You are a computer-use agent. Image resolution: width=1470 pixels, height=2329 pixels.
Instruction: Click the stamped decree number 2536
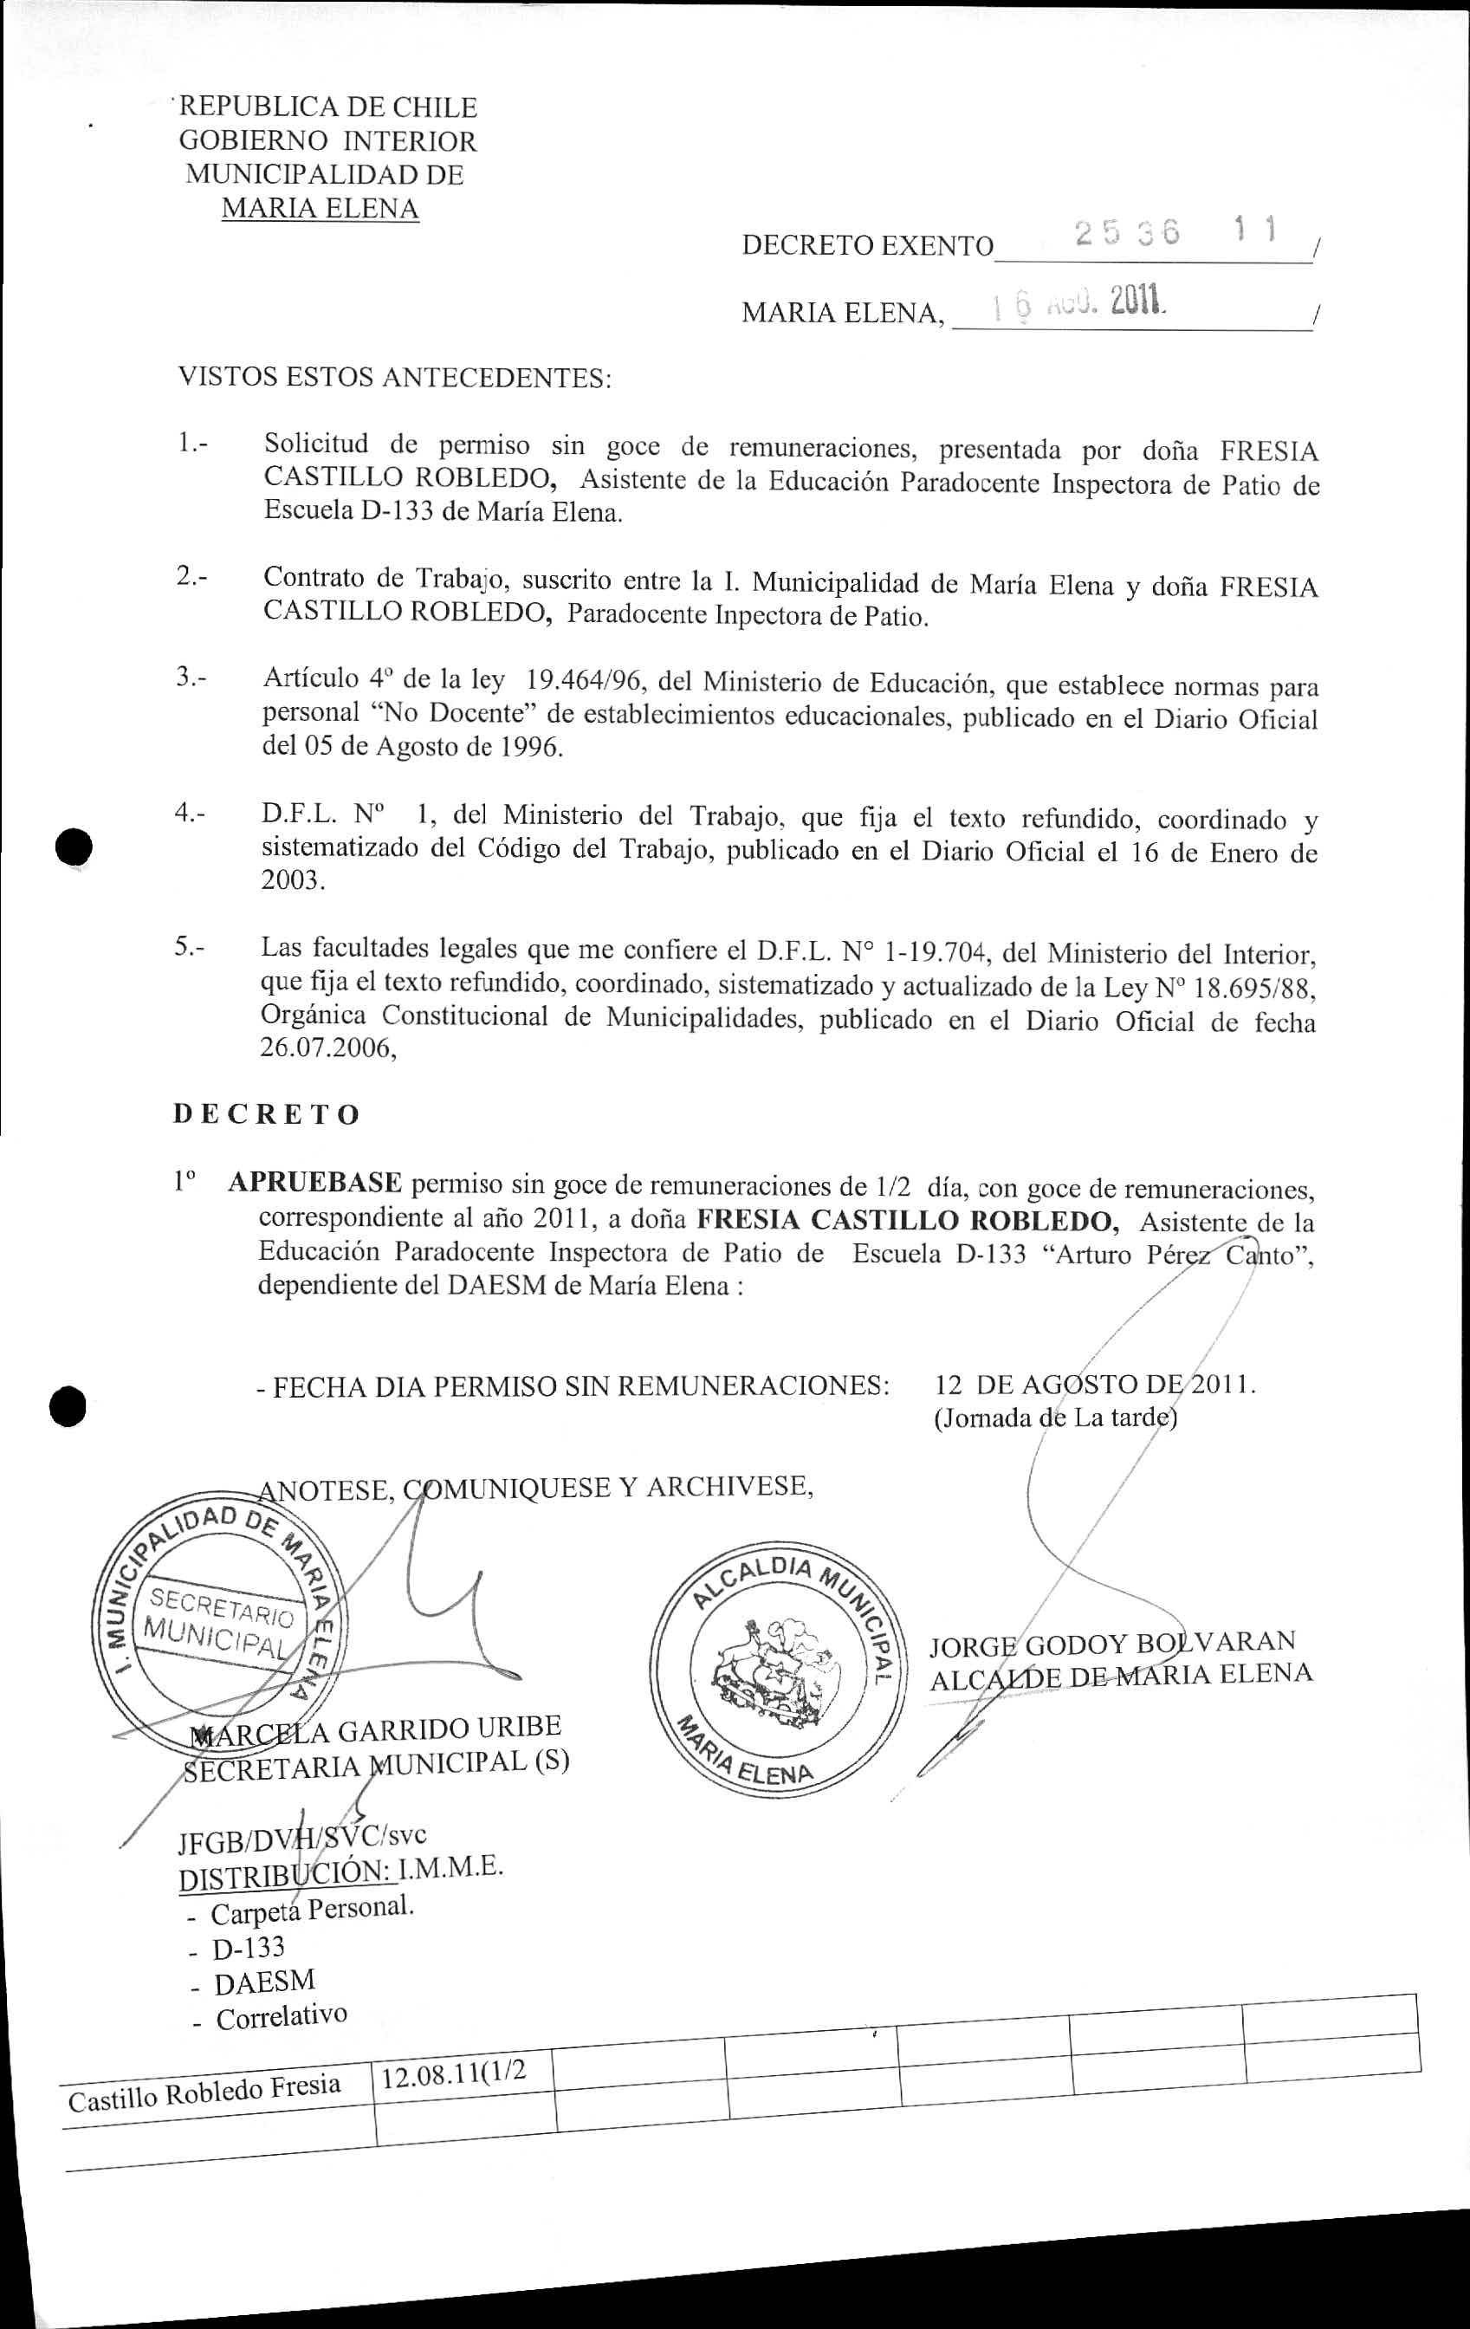[1126, 234]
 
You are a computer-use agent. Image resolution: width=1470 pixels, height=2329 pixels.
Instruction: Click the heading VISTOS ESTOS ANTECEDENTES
[395, 377]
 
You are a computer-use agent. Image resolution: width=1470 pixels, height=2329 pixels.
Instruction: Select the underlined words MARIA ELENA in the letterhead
[321, 208]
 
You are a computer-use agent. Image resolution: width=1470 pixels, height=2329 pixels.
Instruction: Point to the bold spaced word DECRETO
[267, 1114]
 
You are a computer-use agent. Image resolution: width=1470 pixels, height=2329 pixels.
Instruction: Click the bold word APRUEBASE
[315, 1183]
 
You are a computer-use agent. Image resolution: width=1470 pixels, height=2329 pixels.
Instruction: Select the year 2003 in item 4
[291, 882]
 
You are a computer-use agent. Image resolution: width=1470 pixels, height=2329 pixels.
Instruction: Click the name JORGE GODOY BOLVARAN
[1112, 1642]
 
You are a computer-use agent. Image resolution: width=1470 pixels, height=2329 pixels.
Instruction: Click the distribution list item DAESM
[264, 1982]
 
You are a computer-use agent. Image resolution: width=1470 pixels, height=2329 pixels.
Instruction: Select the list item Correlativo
[281, 2018]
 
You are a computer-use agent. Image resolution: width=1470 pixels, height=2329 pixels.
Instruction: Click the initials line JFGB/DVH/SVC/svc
[301, 1836]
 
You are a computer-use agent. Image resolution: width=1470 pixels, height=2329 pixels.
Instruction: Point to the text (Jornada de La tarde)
[1055, 1419]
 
